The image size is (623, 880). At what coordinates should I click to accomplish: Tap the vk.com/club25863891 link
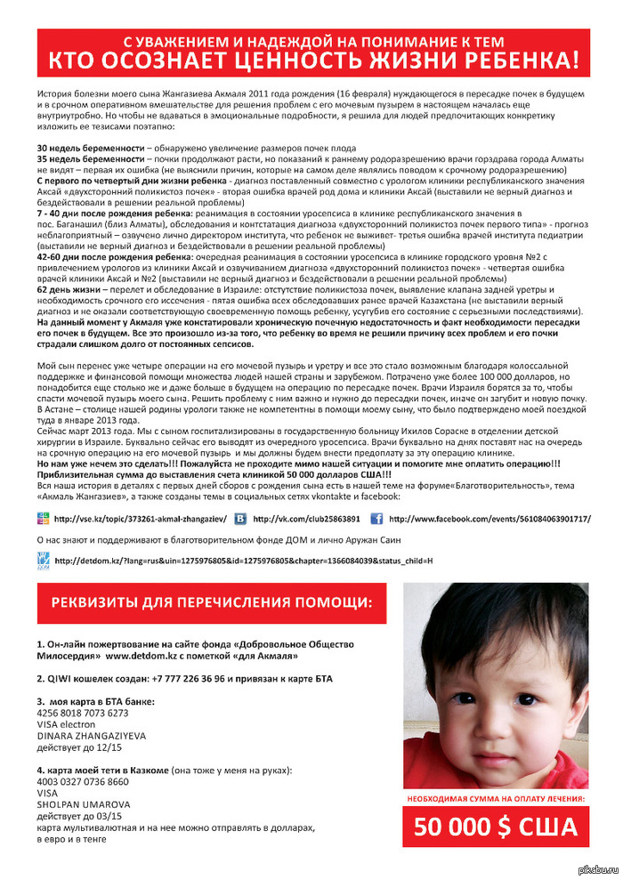(x=306, y=518)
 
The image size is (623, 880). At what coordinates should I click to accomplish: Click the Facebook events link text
(x=501, y=518)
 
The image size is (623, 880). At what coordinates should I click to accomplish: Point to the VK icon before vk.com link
(x=241, y=518)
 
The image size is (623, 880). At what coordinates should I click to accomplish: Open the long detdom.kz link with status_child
(x=243, y=561)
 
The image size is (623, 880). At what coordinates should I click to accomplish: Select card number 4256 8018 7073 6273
(x=83, y=713)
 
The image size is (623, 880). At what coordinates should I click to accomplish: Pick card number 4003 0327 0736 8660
(x=83, y=781)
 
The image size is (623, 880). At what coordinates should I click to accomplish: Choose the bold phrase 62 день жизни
(x=68, y=289)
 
